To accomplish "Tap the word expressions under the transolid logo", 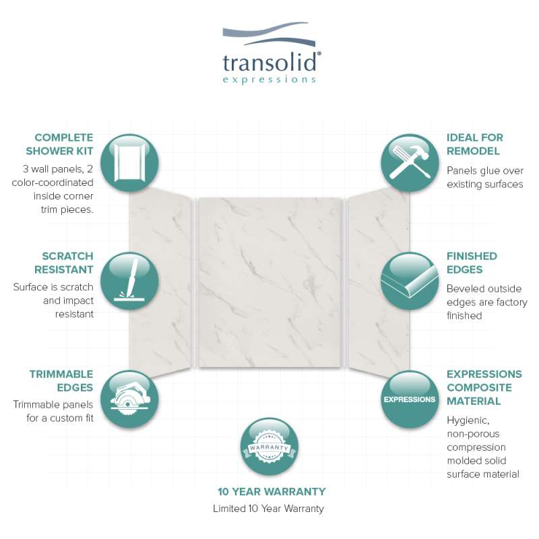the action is point(269,80).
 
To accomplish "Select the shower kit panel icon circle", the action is point(129,163).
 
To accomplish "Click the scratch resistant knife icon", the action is point(129,281).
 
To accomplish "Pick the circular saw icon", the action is point(129,399).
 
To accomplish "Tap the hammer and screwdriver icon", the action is point(410,163).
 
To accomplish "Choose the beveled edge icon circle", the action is point(410,281).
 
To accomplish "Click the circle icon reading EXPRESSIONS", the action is point(410,399).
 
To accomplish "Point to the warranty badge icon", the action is point(269,447).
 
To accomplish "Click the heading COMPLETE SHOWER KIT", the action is point(59,144).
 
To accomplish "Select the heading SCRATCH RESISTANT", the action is point(64,263).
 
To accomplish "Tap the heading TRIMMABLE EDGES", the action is point(61,381).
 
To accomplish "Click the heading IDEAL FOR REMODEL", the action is point(475,144).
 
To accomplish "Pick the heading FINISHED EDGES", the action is point(472,263).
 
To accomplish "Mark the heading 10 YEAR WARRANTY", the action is point(272,492).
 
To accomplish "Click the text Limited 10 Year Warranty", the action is point(268,509).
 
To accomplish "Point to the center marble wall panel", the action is point(270,282).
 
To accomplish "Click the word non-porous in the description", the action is point(473,434).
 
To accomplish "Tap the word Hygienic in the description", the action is point(468,420).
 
